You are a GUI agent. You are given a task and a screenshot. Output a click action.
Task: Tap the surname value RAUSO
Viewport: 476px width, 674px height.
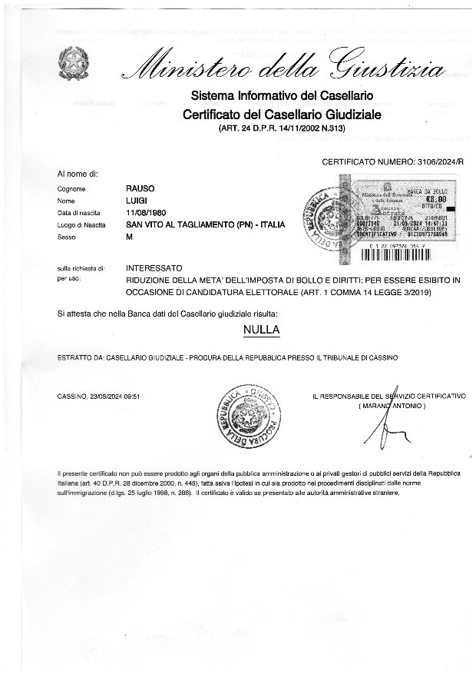click(x=140, y=188)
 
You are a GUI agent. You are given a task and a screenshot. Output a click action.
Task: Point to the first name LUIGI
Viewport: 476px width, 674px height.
click(x=136, y=200)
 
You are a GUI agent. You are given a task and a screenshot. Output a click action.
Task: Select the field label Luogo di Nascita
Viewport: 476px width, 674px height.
click(x=80, y=224)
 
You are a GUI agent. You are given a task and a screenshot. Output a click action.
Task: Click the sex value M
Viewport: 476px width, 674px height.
click(x=129, y=237)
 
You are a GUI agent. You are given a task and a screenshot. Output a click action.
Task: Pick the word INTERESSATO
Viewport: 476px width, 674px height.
click(x=154, y=268)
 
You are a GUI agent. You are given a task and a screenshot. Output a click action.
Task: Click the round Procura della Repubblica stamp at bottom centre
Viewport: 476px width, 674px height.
click(x=250, y=418)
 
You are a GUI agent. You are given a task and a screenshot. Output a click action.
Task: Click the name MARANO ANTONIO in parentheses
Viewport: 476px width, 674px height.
click(x=390, y=405)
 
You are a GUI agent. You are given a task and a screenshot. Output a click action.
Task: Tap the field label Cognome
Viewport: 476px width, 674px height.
click(x=71, y=188)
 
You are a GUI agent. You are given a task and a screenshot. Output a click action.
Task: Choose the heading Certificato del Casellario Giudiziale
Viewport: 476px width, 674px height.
click(x=282, y=115)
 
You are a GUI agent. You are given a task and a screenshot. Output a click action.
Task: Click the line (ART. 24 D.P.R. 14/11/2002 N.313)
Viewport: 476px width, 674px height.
click(x=282, y=128)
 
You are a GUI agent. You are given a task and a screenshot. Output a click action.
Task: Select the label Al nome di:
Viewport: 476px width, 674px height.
click(x=78, y=174)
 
